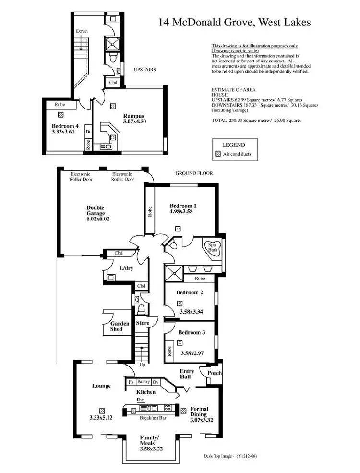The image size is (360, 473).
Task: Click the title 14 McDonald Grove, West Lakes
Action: point(235,22)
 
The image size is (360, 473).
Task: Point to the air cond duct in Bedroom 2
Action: point(180,303)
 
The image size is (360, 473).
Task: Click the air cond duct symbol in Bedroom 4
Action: point(60,115)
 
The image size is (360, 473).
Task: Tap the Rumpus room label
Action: point(120,115)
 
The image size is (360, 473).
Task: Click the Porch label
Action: point(214,373)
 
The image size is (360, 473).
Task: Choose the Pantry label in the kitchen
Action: point(144,382)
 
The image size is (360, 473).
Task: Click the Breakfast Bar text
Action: point(153,418)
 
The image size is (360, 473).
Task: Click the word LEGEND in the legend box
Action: point(233,145)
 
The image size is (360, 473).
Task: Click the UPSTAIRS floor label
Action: point(144,70)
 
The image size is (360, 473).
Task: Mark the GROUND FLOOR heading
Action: point(193,173)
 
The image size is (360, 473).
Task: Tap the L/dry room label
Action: point(126,268)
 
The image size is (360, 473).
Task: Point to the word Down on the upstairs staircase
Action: point(82,31)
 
